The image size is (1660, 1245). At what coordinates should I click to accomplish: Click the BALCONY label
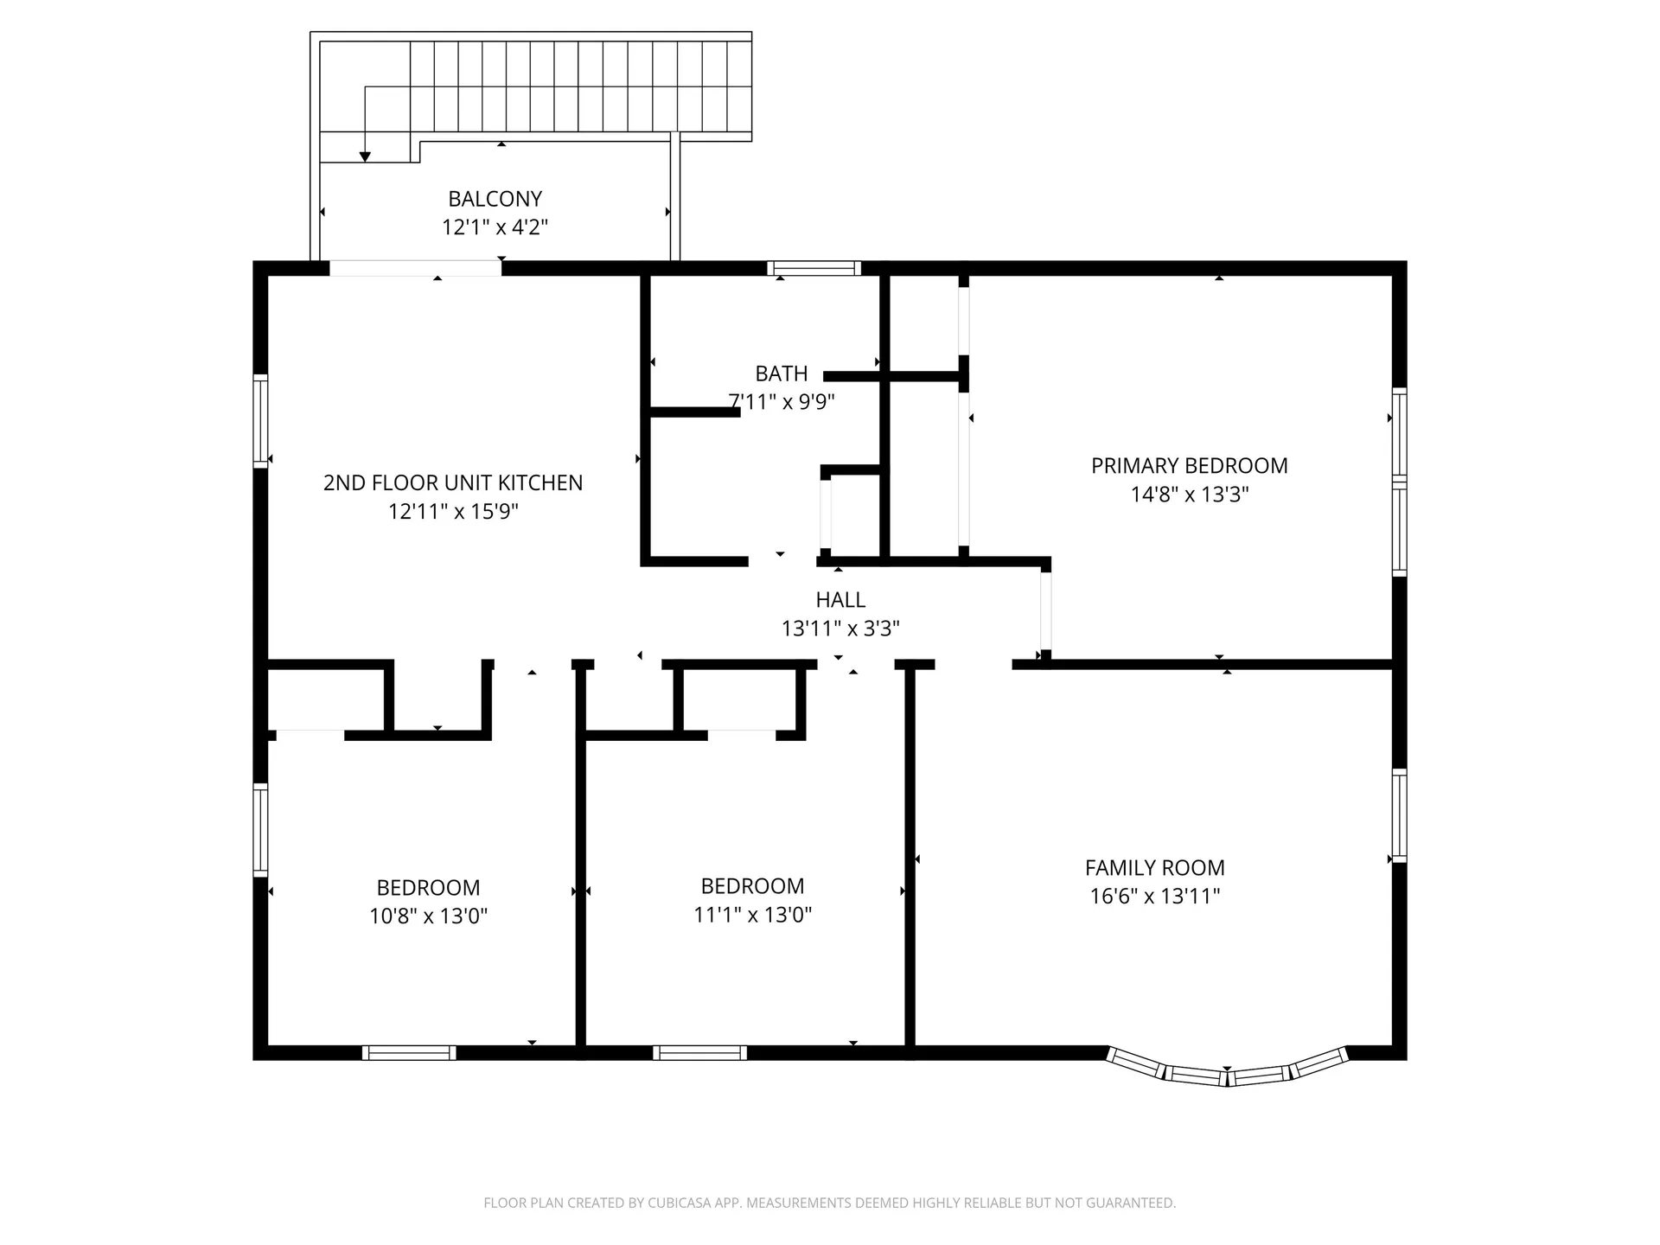coord(495,199)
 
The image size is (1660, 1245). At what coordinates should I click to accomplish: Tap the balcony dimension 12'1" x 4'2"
coord(495,227)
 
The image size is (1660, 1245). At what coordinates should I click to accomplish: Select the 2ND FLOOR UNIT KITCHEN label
coord(453,482)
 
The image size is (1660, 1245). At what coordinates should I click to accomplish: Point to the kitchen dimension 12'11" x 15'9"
coord(453,511)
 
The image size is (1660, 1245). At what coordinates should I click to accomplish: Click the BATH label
coord(782,373)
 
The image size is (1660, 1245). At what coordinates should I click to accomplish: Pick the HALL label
coord(840,599)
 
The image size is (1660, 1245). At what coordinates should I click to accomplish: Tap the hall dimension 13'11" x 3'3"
coord(840,629)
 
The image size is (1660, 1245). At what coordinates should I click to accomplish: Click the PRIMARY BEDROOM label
coord(1190,466)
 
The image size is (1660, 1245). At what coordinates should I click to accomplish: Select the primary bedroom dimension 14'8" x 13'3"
coord(1190,495)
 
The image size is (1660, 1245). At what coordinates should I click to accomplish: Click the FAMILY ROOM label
coord(1155,867)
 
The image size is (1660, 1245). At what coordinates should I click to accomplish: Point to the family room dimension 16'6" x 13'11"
coord(1155,896)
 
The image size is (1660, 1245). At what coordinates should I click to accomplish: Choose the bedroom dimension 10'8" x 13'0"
coord(428,916)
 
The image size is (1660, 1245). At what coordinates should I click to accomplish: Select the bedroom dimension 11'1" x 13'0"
coord(752,914)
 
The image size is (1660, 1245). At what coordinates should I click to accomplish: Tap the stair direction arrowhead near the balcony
coord(365,156)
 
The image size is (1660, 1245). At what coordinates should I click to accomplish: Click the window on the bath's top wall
coord(814,268)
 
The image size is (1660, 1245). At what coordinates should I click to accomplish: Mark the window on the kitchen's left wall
coord(260,421)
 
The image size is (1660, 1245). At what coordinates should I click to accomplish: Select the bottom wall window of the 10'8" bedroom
coord(409,1052)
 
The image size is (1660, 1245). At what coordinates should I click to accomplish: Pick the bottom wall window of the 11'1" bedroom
coord(699,1052)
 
